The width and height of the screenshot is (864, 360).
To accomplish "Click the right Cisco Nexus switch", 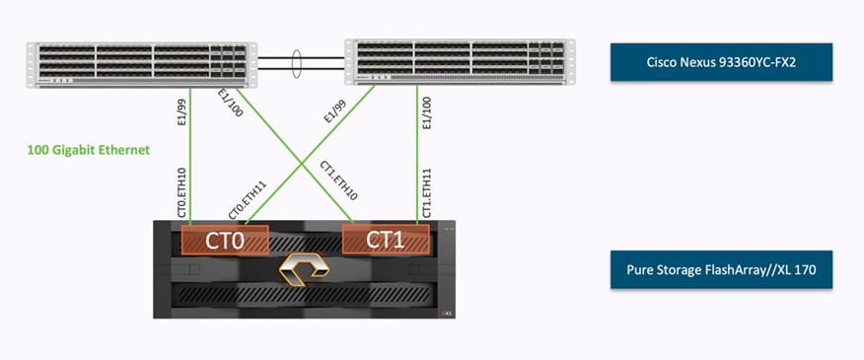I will (459, 63).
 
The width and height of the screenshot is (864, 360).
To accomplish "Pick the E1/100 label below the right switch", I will (427, 111).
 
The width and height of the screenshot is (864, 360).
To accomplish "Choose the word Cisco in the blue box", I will (653, 61).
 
